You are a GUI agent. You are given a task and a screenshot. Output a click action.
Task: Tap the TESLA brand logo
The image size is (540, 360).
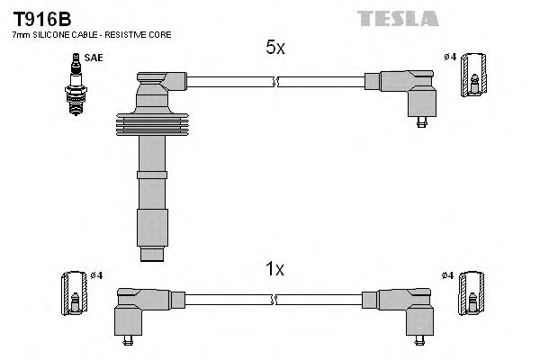[397, 18]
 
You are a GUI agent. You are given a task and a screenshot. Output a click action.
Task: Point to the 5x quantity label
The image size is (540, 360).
[275, 49]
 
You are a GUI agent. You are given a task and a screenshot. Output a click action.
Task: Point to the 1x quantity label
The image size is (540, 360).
[275, 268]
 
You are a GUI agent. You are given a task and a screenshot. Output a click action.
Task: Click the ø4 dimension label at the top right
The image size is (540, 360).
[450, 58]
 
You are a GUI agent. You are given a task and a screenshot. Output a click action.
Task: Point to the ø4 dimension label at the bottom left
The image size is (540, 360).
[95, 274]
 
